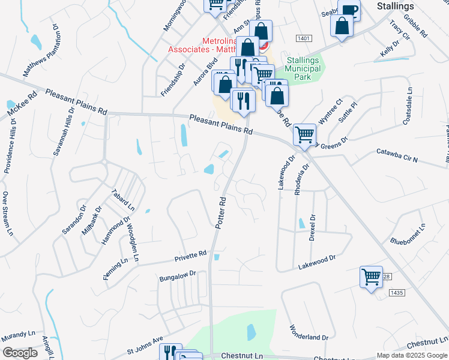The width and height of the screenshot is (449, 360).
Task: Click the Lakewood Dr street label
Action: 316,260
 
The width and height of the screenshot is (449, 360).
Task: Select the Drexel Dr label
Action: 312,227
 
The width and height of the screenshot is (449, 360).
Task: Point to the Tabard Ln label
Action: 122,199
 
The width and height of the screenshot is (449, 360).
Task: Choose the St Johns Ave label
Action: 145,346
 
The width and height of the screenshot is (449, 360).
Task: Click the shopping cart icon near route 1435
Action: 371,277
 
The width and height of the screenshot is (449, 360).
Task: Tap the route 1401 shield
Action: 303,38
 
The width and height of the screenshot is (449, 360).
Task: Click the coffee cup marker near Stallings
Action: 349,10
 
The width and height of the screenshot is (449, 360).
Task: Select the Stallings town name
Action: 395,6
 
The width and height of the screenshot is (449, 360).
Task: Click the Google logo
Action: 20,353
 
